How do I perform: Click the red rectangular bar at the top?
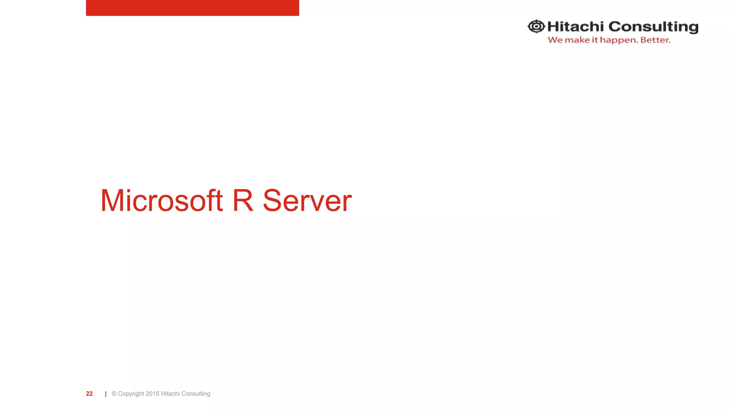click(192, 7)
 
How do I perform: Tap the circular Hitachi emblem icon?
click(536, 26)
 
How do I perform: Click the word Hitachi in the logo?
click(575, 27)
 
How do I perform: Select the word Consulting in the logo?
click(653, 27)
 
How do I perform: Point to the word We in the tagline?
click(555, 40)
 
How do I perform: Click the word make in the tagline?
click(577, 40)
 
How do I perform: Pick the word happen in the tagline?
click(619, 40)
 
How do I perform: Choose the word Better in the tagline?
click(655, 40)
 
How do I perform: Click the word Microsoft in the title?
click(161, 201)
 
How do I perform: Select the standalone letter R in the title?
click(243, 201)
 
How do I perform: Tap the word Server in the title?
click(307, 201)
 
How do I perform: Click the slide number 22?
click(89, 394)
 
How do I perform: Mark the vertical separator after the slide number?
click(106, 394)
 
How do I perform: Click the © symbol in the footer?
click(114, 394)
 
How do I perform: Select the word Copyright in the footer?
click(131, 394)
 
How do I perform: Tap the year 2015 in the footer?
click(153, 394)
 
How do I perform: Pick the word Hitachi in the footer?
click(170, 394)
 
